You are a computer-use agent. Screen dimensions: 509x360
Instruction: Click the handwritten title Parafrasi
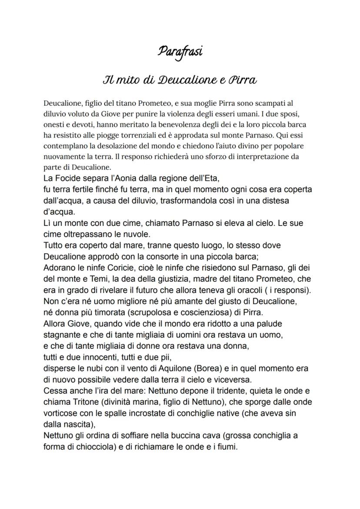(180, 52)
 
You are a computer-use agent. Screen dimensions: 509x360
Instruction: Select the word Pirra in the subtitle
(241, 80)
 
